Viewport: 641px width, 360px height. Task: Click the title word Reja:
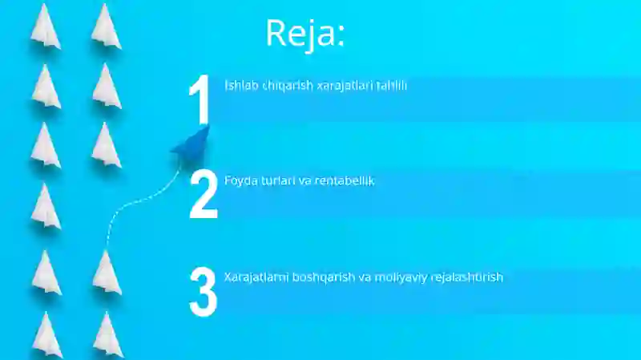[x=304, y=34]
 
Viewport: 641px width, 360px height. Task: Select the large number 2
[x=204, y=195]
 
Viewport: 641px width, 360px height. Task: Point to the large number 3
[x=204, y=291]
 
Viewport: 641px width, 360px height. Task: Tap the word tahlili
[x=389, y=85]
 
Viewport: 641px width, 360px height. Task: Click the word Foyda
[x=241, y=181]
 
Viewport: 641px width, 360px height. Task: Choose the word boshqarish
[x=324, y=277]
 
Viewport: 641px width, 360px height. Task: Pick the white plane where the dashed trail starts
[x=107, y=273]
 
